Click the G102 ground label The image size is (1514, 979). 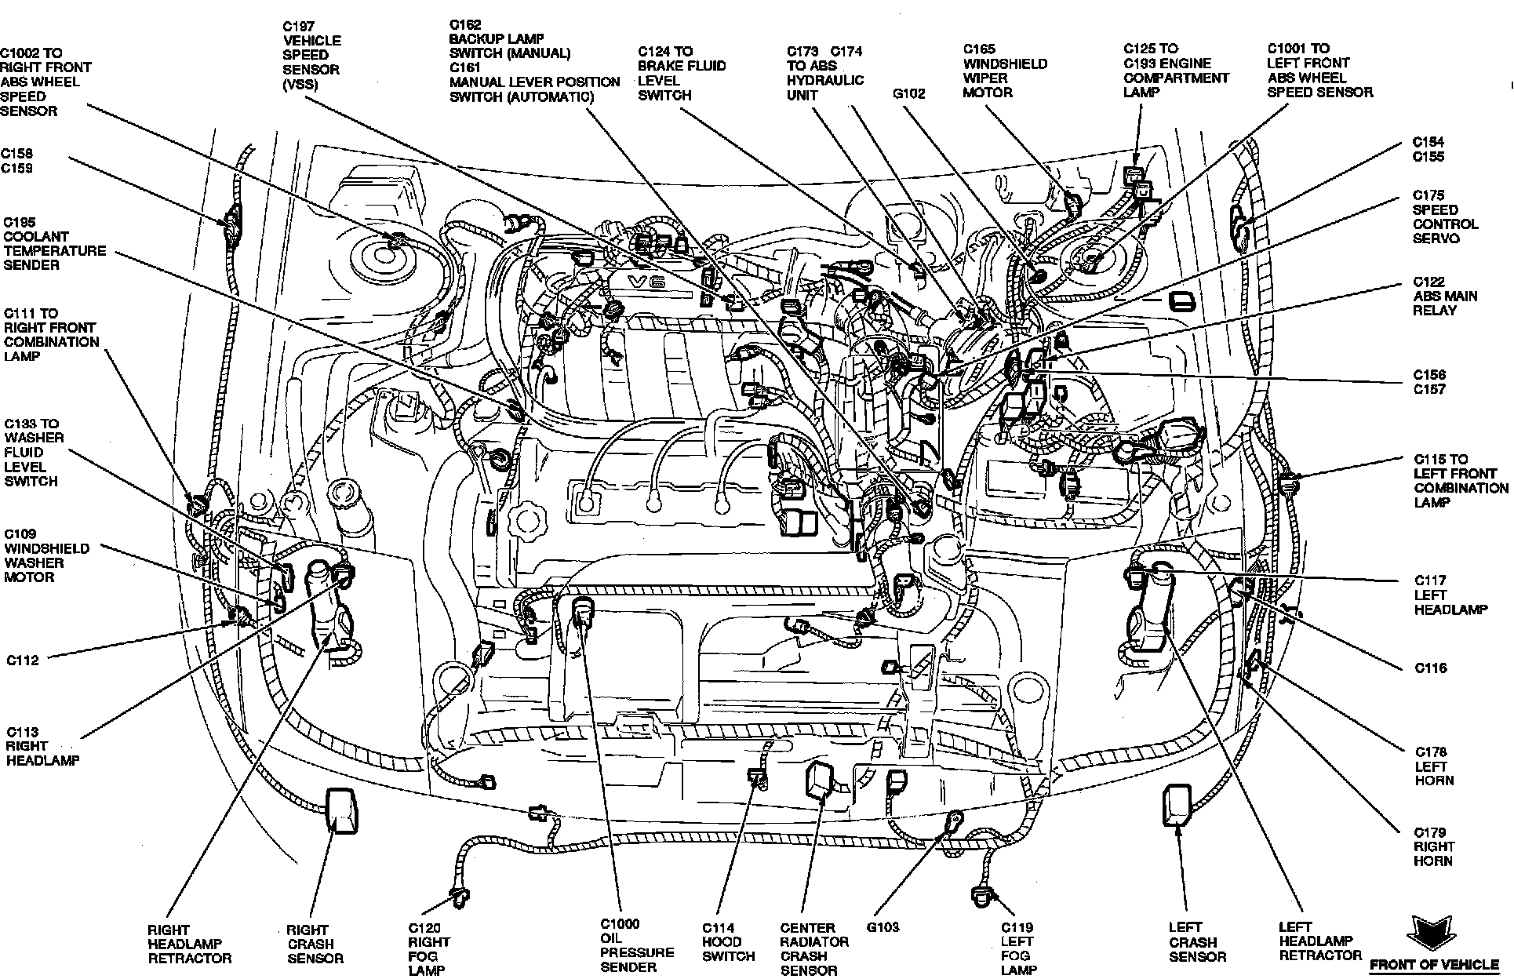tap(908, 94)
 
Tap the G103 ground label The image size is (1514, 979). tap(883, 926)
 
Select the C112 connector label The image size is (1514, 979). tap(23, 660)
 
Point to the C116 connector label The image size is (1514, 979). tap(1431, 668)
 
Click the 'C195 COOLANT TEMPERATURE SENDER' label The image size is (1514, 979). tap(54, 243)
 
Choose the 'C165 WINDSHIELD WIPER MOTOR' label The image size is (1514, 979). tap(1005, 71)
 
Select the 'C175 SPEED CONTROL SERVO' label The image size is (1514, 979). tap(1445, 217)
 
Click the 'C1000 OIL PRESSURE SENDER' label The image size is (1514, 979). tap(636, 945)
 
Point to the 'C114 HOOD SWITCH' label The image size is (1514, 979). tap(728, 942)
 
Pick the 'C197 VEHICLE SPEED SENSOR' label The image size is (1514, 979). tap(311, 55)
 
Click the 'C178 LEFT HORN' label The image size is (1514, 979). tap(1434, 766)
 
